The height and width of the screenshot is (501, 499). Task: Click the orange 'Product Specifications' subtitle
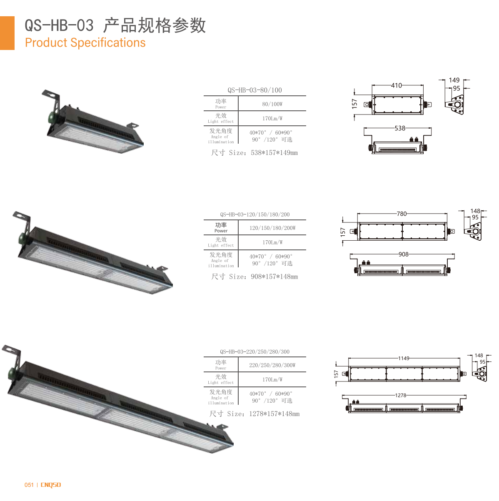click(x=85, y=42)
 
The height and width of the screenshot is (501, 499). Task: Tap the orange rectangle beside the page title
click(x=7, y=33)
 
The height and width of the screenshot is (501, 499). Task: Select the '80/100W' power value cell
click(x=272, y=104)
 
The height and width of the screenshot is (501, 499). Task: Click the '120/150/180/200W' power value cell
click(x=272, y=228)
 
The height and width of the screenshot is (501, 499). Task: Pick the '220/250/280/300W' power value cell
click(x=272, y=365)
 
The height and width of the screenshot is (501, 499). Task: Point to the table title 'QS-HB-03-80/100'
click(x=254, y=90)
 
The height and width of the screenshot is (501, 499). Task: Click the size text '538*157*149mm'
click(x=274, y=152)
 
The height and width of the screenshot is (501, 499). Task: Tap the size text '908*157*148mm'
click(x=274, y=277)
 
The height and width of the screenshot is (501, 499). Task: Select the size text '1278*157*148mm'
click(x=274, y=414)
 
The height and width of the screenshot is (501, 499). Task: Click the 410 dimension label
click(x=396, y=85)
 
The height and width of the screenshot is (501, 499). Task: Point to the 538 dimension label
click(x=400, y=128)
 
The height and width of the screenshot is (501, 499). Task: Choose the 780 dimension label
click(x=402, y=214)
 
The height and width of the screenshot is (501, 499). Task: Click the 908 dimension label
click(x=403, y=254)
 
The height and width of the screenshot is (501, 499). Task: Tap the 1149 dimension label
click(x=404, y=358)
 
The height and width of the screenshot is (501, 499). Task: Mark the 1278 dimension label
click(x=400, y=396)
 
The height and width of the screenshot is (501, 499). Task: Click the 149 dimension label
click(x=454, y=80)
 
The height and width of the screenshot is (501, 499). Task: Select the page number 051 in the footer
click(x=29, y=485)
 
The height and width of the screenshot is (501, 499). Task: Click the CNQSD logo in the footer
click(x=51, y=485)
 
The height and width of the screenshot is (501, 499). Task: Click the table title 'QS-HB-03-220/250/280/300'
click(x=254, y=351)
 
